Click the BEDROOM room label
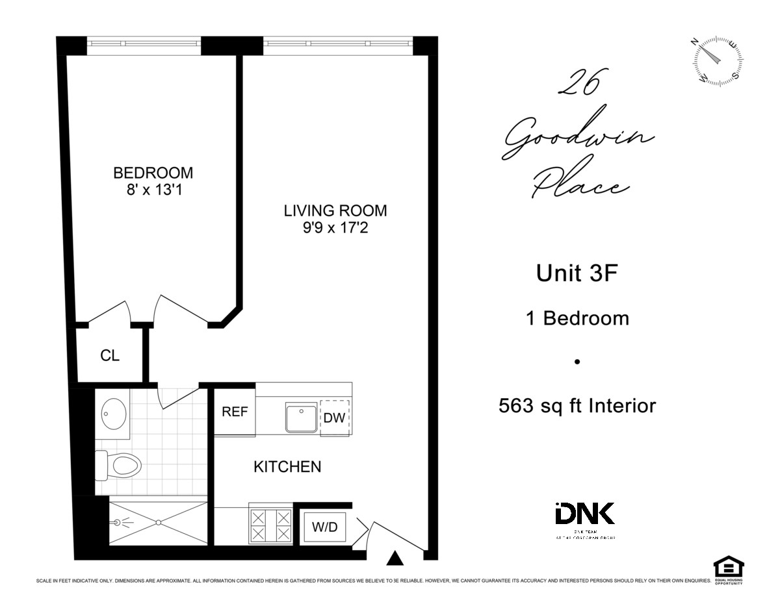153,173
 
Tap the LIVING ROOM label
335,210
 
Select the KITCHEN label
287,466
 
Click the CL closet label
110,355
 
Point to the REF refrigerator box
235,412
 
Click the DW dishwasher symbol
335,417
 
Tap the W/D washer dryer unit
325,527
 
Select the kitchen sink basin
301,417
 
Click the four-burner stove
270,526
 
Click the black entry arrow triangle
395,558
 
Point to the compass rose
718,61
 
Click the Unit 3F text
576,273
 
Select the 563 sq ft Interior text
577,406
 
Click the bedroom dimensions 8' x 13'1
153,191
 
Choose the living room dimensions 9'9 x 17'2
335,229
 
